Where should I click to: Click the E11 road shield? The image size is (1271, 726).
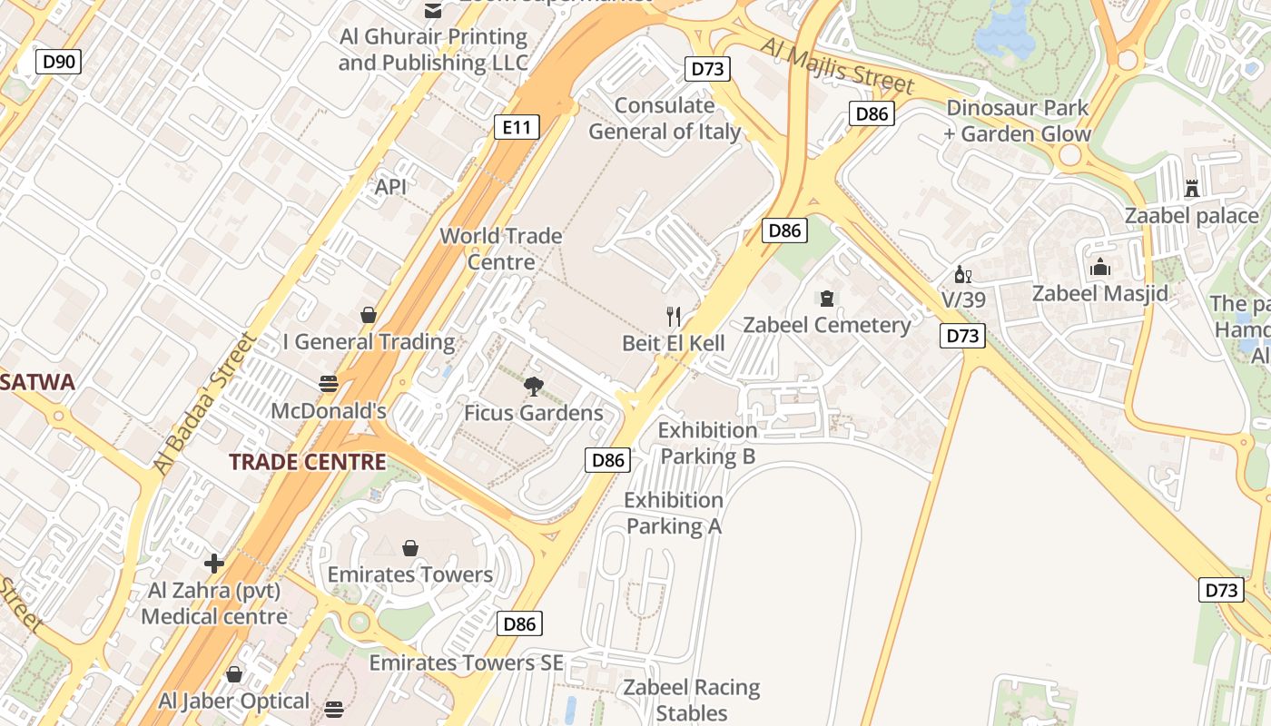[517, 127]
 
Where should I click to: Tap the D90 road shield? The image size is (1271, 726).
[59, 62]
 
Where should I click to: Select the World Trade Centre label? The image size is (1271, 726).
[500, 249]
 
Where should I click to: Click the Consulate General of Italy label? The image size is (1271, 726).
[665, 119]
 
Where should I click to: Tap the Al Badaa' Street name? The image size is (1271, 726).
[204, 403]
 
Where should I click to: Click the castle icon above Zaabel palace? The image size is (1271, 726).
[1191, 189]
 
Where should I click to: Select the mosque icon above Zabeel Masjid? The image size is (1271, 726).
[1100, 267]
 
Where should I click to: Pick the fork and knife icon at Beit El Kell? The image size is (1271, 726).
[674, 317]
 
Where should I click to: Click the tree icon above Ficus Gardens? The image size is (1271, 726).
[534, 388]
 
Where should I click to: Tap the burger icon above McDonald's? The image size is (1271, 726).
[329, 384]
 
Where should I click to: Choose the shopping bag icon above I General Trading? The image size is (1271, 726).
[369, 315]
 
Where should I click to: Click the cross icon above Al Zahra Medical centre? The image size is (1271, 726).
[214, 564]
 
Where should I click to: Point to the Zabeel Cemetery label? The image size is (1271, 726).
[826, 325]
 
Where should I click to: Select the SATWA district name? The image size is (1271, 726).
[36, 382]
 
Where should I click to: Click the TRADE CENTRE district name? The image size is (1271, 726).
[307, 462]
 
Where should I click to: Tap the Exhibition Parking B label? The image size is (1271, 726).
[707, 443]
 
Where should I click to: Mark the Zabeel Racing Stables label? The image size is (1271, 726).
[691, 700]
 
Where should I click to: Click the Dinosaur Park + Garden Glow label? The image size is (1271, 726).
[1017, 121]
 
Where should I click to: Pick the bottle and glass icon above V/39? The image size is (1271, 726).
[962, 274]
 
